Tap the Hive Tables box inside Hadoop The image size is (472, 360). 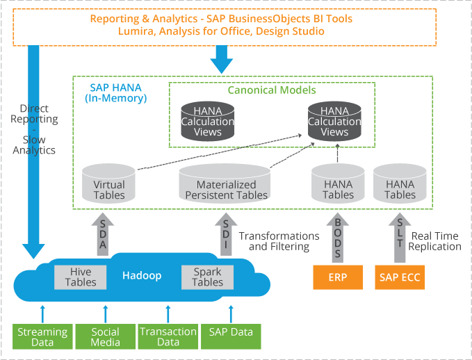click(x=81, y=276)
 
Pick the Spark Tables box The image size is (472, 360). click(x=207, y=276)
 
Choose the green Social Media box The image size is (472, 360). click(x=105, y=336)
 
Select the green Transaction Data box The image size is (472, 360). click(x=168, y=336)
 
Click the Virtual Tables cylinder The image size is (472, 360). click(x=108, y=184)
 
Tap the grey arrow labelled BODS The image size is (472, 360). click(x=338, y=236)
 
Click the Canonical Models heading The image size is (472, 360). click(x=272, y=90)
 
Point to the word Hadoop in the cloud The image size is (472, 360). click(x=142, y=276)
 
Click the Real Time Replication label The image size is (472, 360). click(x=434, y=241)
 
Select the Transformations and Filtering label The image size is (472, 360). click(x=279, y=241)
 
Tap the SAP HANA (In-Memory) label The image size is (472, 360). click(x=116, y=93)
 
